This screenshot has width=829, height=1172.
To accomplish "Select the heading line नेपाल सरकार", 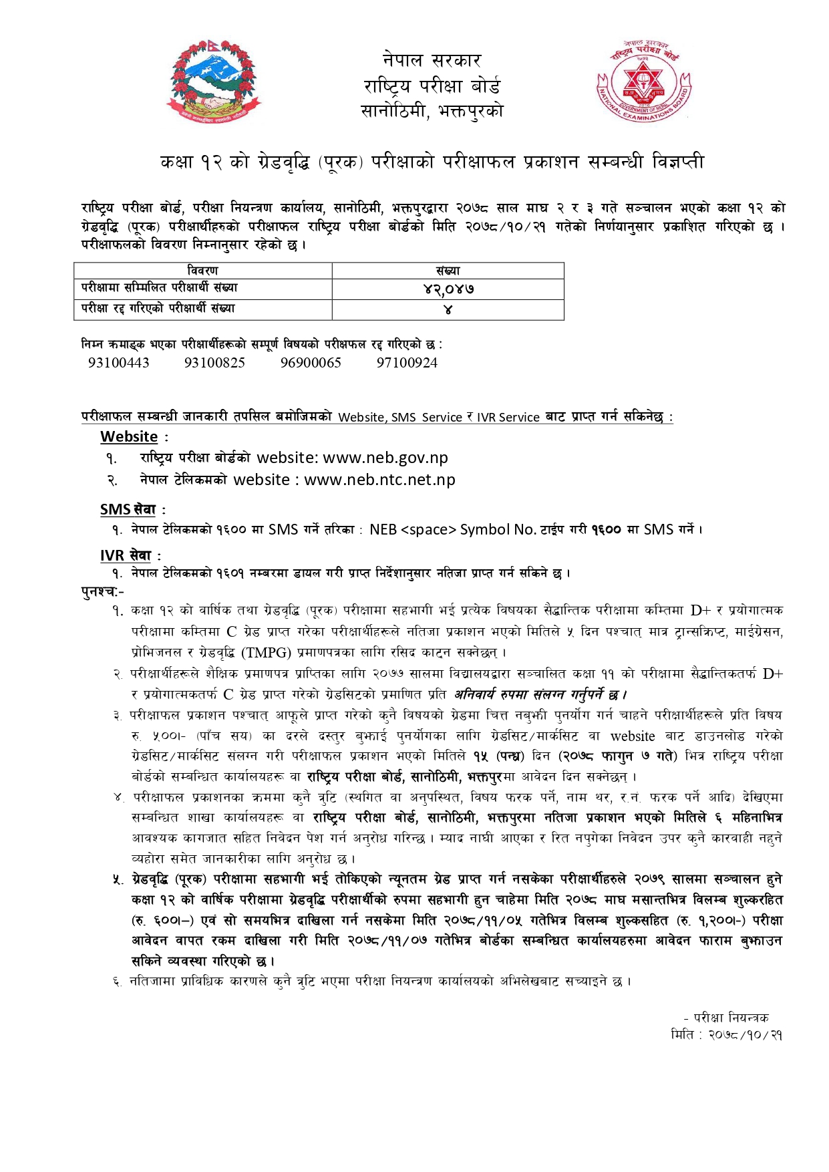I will tap(432, 60).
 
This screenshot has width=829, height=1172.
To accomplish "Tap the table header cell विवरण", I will tap(202, 270).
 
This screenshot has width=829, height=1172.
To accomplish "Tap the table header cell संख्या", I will tap(448, 270).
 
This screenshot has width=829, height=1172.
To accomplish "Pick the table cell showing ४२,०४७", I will tap(448, 289).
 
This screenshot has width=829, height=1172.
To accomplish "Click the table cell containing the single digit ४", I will tap(448, 309).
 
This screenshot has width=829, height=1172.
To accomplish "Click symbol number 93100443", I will tap(119, 363).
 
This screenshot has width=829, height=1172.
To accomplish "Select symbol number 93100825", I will tap(214, 363).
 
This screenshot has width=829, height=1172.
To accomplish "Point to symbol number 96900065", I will tap(311, 363).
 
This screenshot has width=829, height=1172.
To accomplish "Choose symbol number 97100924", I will tap(407, 363).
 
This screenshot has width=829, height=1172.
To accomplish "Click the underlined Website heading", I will tap(129, 437).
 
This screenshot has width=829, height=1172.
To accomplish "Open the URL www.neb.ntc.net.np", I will tap(379, 480).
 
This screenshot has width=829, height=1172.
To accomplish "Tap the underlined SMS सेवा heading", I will tap(128, 509).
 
